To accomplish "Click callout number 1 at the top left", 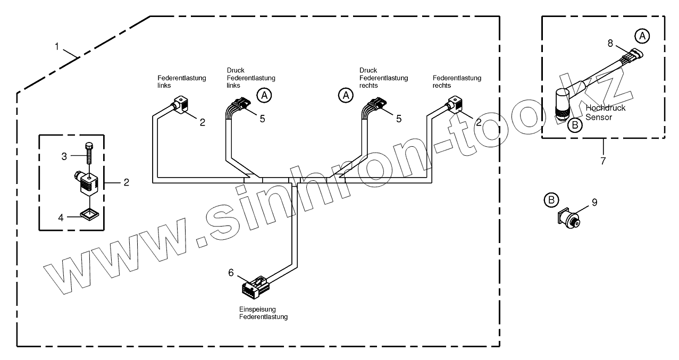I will [57, 47].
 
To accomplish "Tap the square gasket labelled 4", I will [89, 215].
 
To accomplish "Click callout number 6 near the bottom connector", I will [231, 273].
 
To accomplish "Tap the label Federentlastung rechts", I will [457, 81].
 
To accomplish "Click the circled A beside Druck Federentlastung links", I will [264, 95].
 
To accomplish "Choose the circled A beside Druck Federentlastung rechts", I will [346, 95].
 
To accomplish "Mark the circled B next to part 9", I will [551, 200].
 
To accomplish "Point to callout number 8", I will [610, 43].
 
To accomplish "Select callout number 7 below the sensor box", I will [603, 161].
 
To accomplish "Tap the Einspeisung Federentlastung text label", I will [263, 313].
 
